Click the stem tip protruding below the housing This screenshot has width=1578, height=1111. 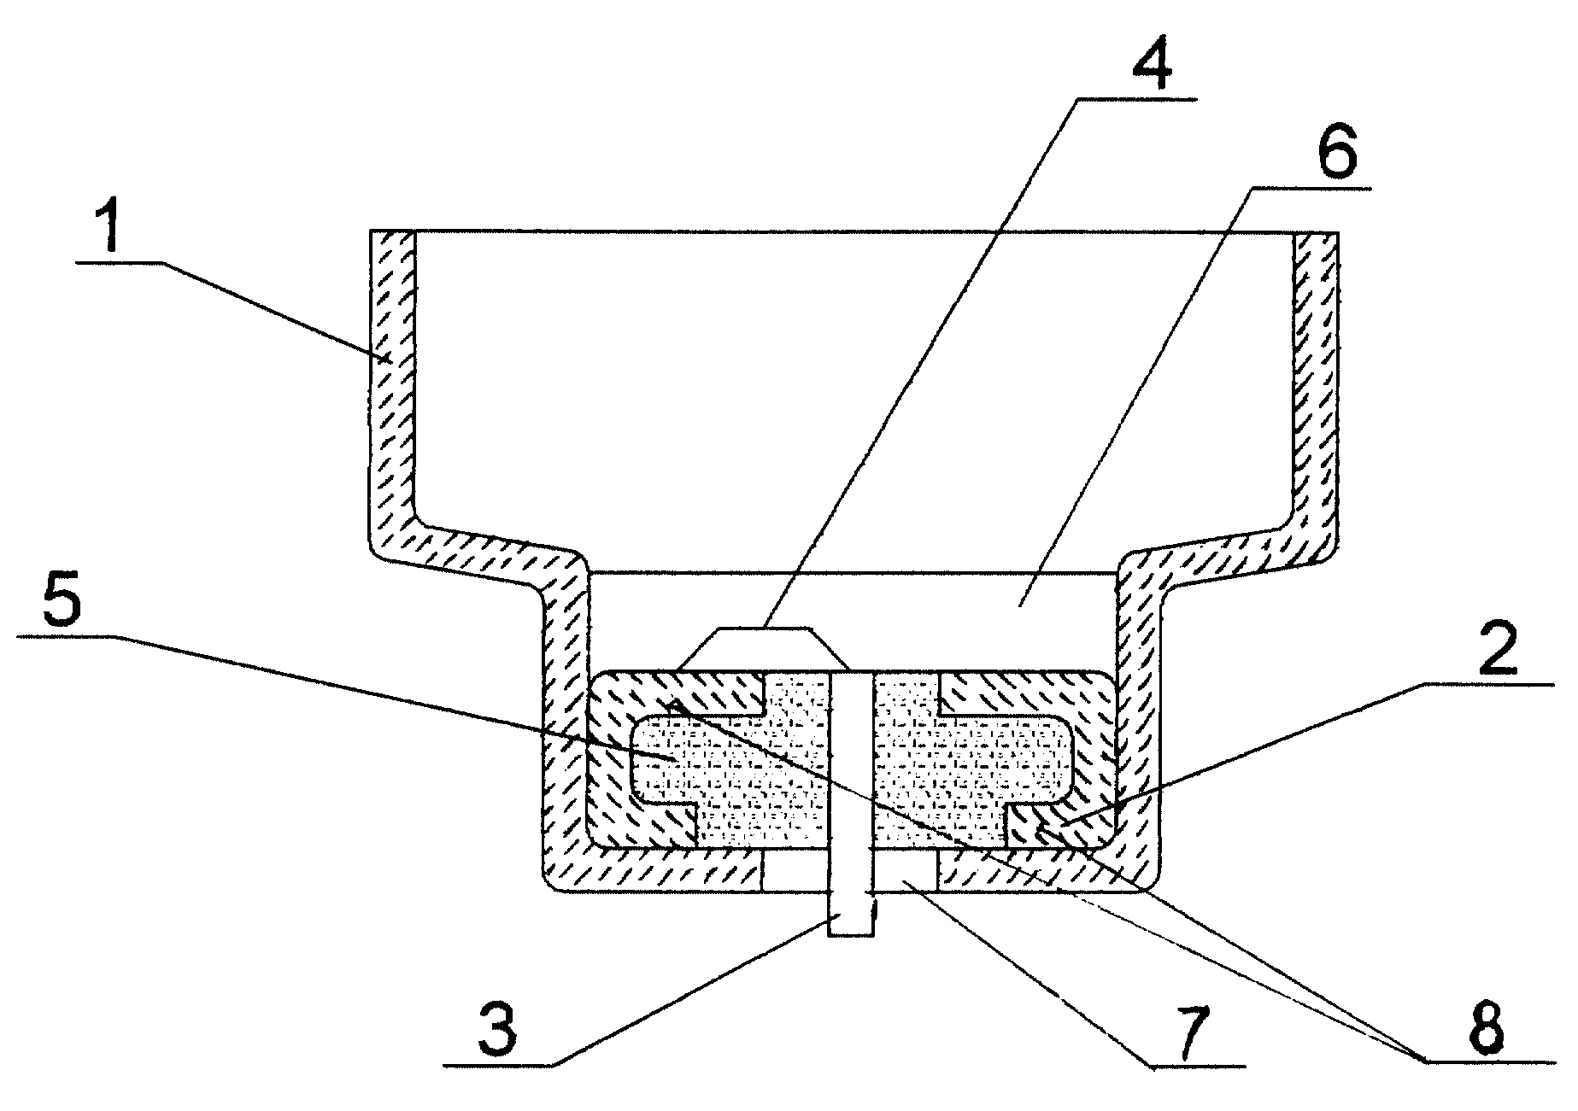click(850, 915)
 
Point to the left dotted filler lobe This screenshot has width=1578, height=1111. click(726, 760)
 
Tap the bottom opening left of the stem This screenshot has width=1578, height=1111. click(795, 870)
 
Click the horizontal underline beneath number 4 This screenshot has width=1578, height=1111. click(1136, 101)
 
